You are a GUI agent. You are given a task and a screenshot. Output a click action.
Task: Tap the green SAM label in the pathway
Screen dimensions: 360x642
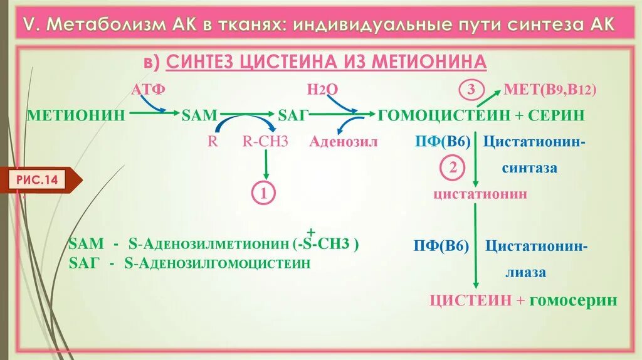pyautogui.click(x=199, y=115)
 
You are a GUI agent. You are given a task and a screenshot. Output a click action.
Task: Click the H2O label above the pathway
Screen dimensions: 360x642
pyautogui.click(x=323, y=89)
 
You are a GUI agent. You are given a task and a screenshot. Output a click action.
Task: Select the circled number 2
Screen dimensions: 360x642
pyautogui.click(x=453, y=168)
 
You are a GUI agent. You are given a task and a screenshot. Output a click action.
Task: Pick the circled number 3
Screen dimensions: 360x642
pyautogui.click(x=471, y=90)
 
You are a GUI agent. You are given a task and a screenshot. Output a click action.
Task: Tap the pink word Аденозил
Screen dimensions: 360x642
pyautogui.click(x=344, y=141)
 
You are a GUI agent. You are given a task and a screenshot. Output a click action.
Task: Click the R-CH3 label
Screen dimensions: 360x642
pyautogui.click(x=265, y=141)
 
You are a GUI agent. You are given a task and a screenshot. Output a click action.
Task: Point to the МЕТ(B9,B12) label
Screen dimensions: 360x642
pyautogui.click(x=549, y=90)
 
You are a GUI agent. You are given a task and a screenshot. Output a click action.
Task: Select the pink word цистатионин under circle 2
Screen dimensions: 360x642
pyautogui.click(x=480, y=194)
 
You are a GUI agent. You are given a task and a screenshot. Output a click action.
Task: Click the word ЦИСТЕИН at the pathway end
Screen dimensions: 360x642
pyautogui.click(x=470, y=300)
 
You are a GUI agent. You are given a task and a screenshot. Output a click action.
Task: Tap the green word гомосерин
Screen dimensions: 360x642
pyautogui.click(x=573, y=300)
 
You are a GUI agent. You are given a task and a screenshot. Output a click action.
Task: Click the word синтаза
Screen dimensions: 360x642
pyautogui.click(x=529, y=168)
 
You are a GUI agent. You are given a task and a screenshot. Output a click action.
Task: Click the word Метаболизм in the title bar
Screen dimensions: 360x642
pyautogui.click(x=105, y=25)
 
